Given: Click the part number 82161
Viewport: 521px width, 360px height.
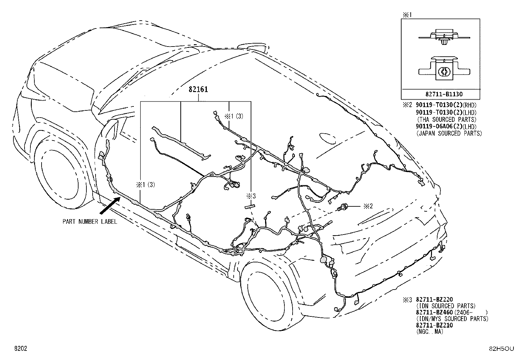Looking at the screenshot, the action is point(198,89).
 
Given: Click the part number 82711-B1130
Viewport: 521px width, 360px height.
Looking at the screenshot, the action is point(440,94).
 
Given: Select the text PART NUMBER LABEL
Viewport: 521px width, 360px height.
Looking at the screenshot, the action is point(90,222).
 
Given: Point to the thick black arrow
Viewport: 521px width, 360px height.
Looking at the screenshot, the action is point(110,205).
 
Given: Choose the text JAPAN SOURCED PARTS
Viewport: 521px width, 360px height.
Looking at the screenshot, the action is point(449,133).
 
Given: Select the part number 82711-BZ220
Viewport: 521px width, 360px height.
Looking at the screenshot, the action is point(434,299).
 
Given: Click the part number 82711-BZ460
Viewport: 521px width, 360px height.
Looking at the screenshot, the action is point(434,312).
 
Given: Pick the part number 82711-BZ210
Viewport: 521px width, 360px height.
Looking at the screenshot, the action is point(434,325).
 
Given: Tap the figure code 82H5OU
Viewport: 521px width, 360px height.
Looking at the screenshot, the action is point(501,349).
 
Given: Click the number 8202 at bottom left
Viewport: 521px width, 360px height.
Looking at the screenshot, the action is point(21,348).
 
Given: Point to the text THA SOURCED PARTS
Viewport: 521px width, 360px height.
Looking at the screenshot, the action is point(447,120).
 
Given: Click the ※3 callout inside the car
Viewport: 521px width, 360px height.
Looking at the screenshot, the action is point(251,196).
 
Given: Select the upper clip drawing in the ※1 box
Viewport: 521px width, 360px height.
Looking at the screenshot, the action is point(444,38).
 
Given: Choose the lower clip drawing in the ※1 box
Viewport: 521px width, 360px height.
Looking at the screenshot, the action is point(444,68).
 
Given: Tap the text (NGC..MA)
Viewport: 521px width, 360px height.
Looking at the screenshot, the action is point(430,332).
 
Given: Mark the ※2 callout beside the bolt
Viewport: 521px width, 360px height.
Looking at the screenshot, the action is point(368,206).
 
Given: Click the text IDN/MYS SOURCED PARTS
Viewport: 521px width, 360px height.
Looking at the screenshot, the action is point(452,318).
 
